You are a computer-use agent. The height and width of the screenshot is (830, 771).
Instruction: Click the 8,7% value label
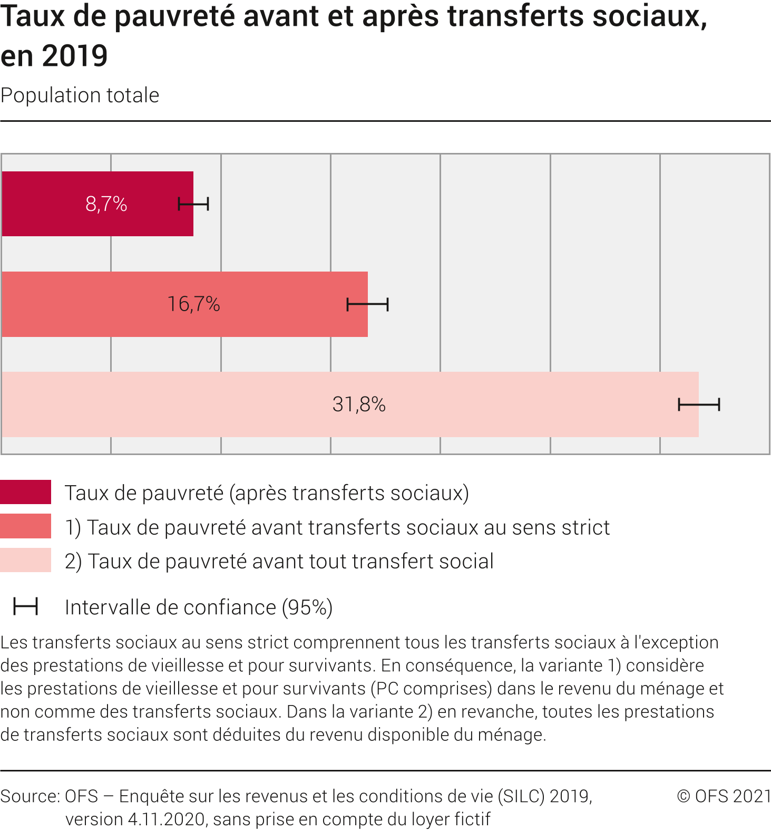coord(106,204)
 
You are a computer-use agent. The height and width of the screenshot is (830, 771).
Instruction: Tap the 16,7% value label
coord(193,304)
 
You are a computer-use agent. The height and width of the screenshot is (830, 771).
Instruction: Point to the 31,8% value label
coord(359,404)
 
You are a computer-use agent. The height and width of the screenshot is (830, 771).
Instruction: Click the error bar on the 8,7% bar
coord(193,204)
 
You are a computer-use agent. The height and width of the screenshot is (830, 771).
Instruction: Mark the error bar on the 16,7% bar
coord(367,304)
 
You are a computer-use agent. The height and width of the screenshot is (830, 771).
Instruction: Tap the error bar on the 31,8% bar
coord(699,404)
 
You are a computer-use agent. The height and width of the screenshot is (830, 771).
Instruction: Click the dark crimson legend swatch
coord(25,492)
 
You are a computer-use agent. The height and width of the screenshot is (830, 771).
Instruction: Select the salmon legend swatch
coord(25,526)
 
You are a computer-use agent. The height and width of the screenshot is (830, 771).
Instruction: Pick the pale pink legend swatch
coord(25,560)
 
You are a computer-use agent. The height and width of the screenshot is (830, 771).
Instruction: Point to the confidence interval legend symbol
coord(25,606)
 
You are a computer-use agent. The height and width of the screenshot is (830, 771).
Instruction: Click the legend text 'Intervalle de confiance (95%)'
coord(198,607)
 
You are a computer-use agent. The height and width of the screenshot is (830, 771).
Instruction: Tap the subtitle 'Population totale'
coord(80,95)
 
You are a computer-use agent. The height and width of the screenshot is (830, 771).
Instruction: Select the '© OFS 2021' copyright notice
coord(724,796)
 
